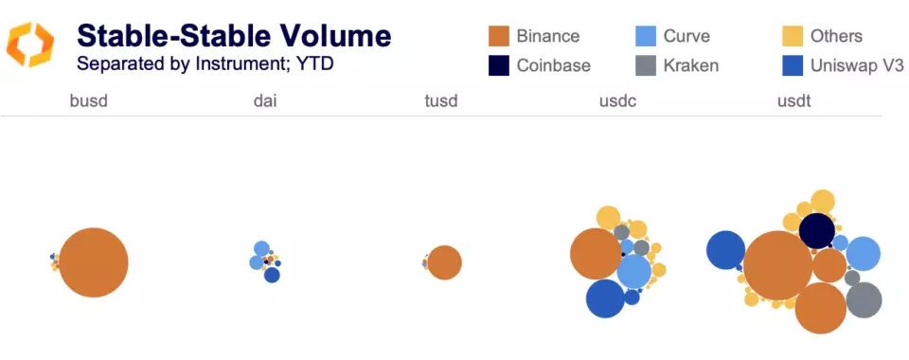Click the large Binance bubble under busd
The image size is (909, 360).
pyautogui.click(x=93, y=262)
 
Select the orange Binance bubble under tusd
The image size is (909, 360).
pyautogui.click(x=444, y=262)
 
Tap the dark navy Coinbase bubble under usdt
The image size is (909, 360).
pyautogui.click(x=816, y=230)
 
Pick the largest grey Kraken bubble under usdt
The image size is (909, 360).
pyautogui.click(x=864, y=299)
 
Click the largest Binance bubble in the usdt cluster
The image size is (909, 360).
pyautogui.click(x=777, y=266)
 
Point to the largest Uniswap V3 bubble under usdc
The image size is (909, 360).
pyautogui.click(x=605, y=298)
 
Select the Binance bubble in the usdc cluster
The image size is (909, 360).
pyautogui.click(x=596, y=254)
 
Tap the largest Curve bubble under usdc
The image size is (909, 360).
pyautogui.click(x=633, y=271)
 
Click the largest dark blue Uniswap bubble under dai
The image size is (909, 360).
pyautogui.click(x=272, y=275)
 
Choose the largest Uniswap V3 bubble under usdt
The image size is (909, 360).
pyautogui.click(x=725, y=250)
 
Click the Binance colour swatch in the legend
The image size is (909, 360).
pyautogui.click(x=500, y=37)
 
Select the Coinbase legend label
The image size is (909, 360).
pyautogui.click(x=553, y=65)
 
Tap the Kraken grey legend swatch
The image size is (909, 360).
pyautogui.click(x=647, y=65)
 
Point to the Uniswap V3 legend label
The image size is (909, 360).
pyautogui.click(x=857, y=65)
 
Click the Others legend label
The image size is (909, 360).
pyautogui.click(x=836, y=37)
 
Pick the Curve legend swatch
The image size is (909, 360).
pyautogui.click(x=647, y=37)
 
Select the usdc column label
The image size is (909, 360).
pyautogui.click(x=617, y=100)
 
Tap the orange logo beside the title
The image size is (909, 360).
pyautogui.click(x=30, y=45)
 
